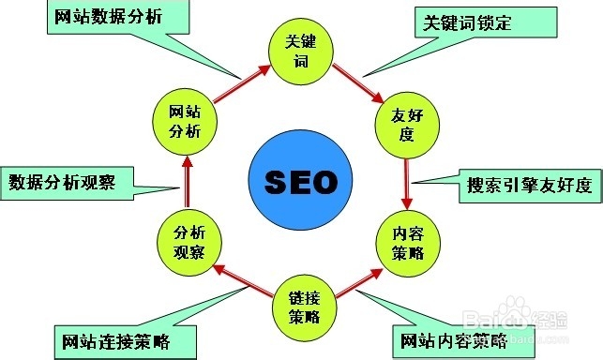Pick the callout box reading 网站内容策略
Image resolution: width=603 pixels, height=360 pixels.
[x=450, y=338]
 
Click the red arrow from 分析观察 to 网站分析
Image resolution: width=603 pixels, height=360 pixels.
[x=186, y=182]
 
